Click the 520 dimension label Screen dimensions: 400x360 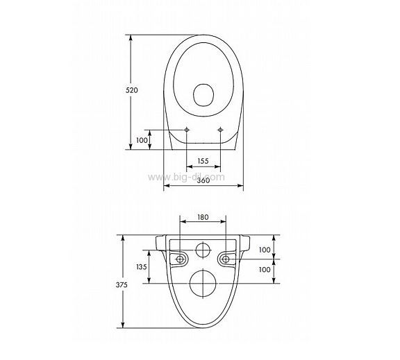click(132, 90)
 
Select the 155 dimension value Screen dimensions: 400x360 click(203, 161)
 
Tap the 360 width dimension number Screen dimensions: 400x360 click(203, 180)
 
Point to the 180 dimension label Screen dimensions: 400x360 click(203, 217)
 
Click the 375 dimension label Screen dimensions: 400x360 click(122, 284)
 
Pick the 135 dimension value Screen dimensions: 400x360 click(142, 267)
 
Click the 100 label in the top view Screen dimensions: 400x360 click(142, 140)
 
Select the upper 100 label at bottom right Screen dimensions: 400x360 click(265, 250)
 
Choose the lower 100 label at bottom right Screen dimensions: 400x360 click(265, 269)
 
